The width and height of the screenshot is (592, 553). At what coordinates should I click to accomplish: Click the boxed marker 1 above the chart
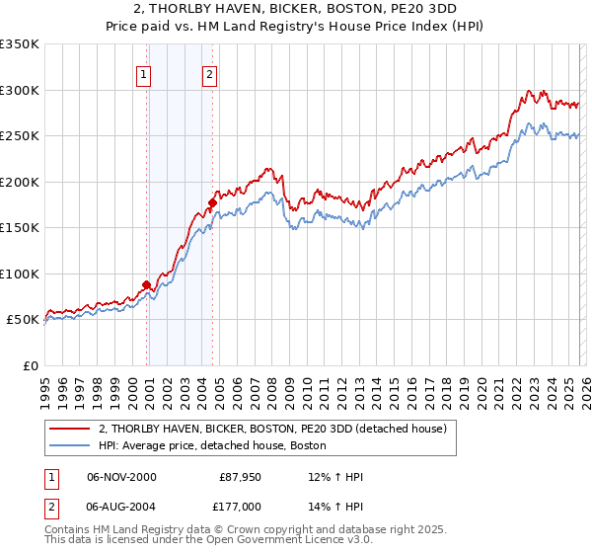pos(144,73)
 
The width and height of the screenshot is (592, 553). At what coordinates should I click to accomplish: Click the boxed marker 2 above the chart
pos(210,73)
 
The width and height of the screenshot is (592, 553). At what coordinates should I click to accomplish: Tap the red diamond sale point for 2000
pos(147,285)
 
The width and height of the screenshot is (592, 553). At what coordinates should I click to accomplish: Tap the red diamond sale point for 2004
pos(212,203)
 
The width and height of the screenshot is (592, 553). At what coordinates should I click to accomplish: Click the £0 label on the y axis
pos(30,365)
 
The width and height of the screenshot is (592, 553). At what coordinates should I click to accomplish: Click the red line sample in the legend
pos(70,429)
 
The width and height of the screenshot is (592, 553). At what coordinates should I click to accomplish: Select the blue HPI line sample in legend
pos(70,445)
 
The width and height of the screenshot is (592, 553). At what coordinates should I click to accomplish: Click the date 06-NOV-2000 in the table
pos(121,477)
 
